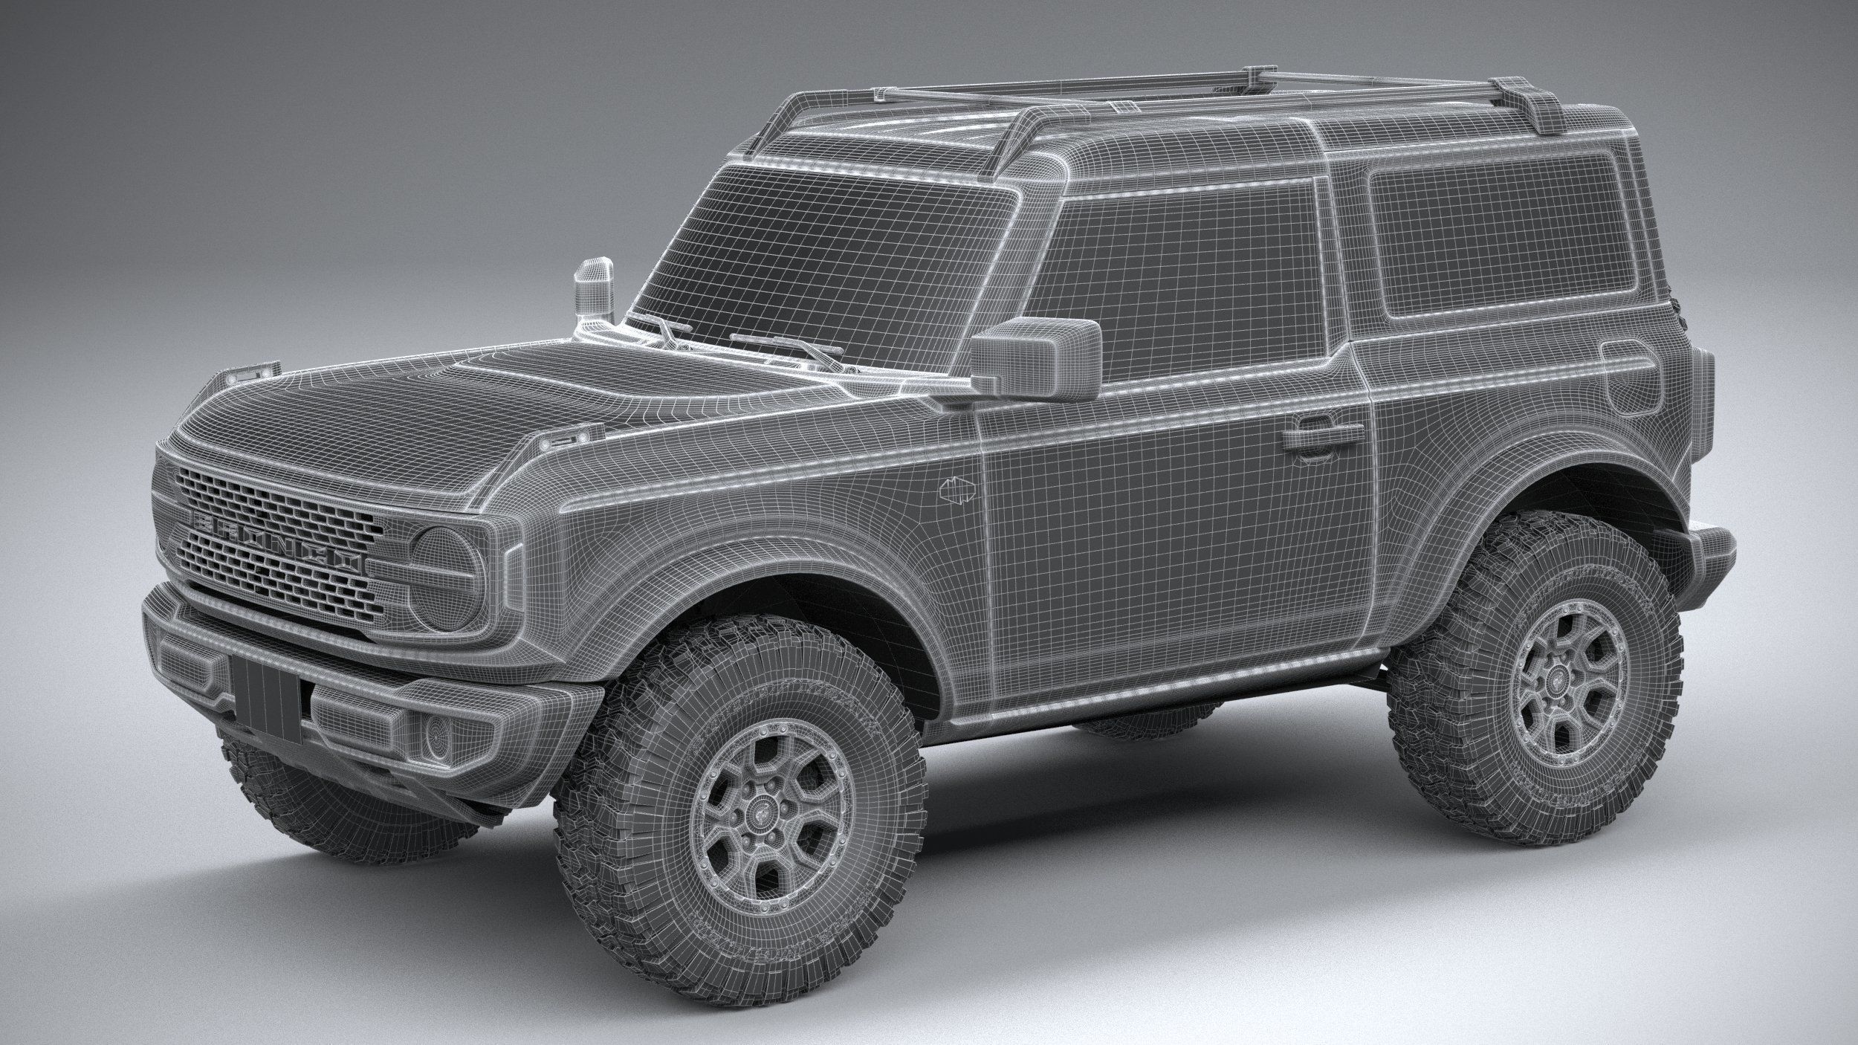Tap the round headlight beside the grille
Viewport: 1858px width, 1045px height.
(x=447, y=557)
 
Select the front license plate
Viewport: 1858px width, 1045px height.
(x=265, y=688)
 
